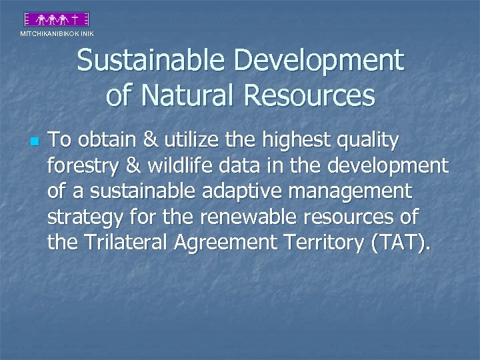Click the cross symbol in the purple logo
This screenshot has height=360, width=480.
77,20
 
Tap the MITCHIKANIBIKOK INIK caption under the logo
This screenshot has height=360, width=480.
57,33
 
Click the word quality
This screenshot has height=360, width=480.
369,141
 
